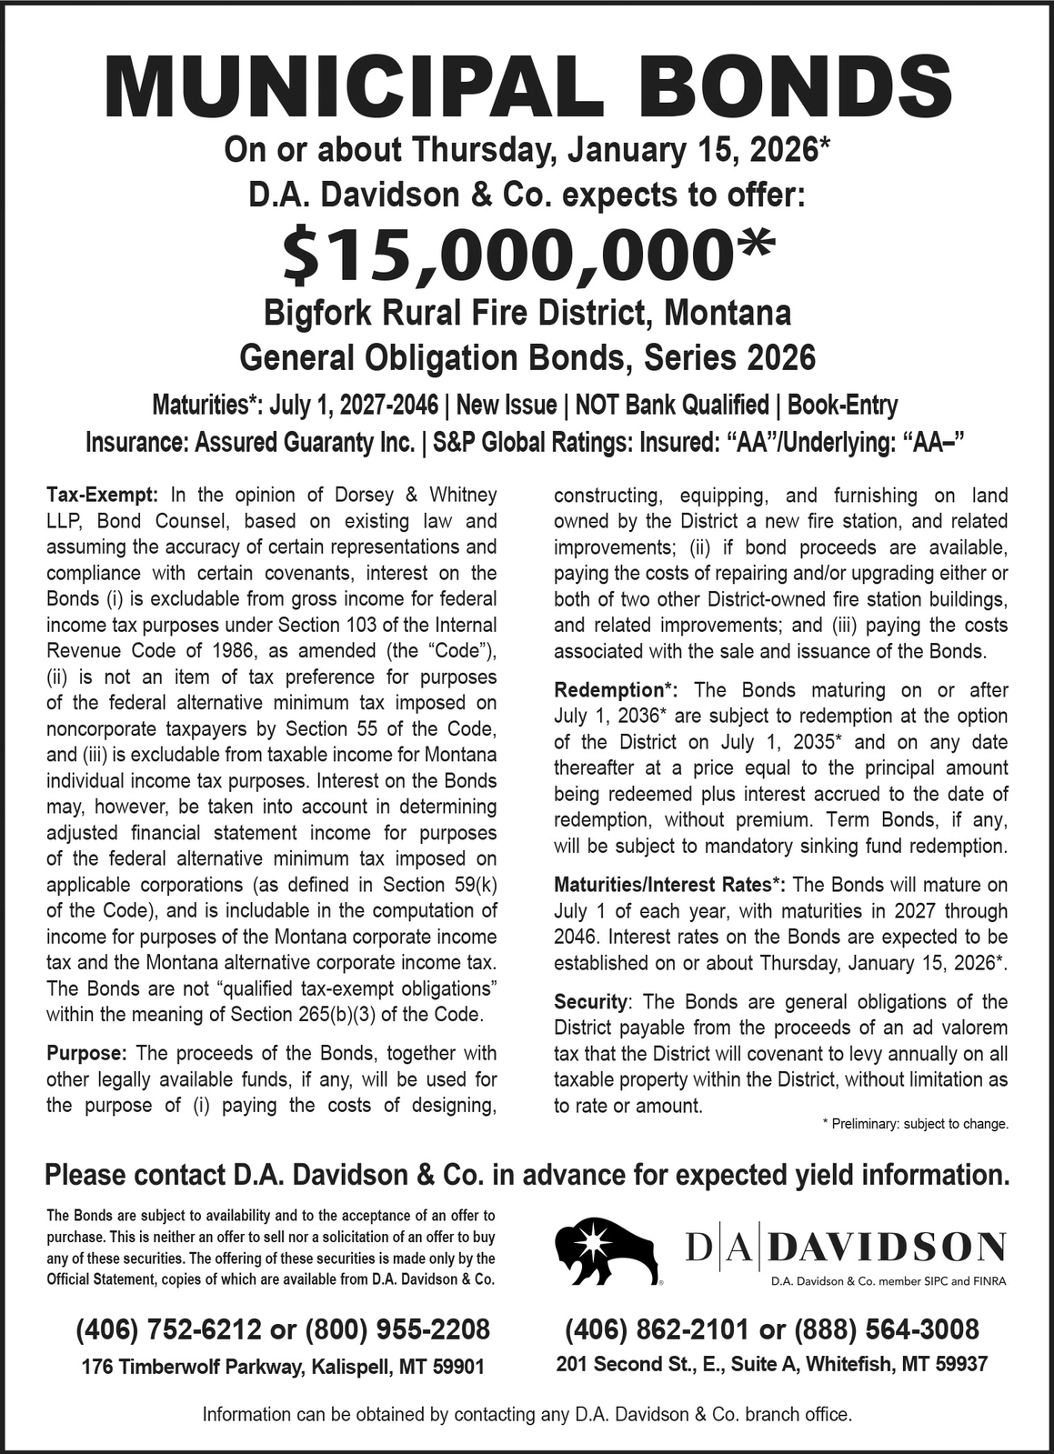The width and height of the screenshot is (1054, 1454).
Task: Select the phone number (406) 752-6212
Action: click(x=170, y=1329)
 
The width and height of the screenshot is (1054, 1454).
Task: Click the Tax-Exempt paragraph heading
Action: click(x=102, y=496)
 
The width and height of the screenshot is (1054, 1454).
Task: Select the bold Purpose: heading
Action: click(x=85, y=1054)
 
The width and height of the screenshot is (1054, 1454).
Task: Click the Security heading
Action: click(x=591, y=1002)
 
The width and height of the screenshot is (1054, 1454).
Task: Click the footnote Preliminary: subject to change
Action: click(x=915, y=1124)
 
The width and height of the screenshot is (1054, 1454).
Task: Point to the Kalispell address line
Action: click(x=282, y=1366)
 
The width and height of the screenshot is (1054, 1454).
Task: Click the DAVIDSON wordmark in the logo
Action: click(x=886, y=1247)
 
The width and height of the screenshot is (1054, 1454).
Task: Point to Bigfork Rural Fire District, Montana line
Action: click(x=527, y=313)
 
